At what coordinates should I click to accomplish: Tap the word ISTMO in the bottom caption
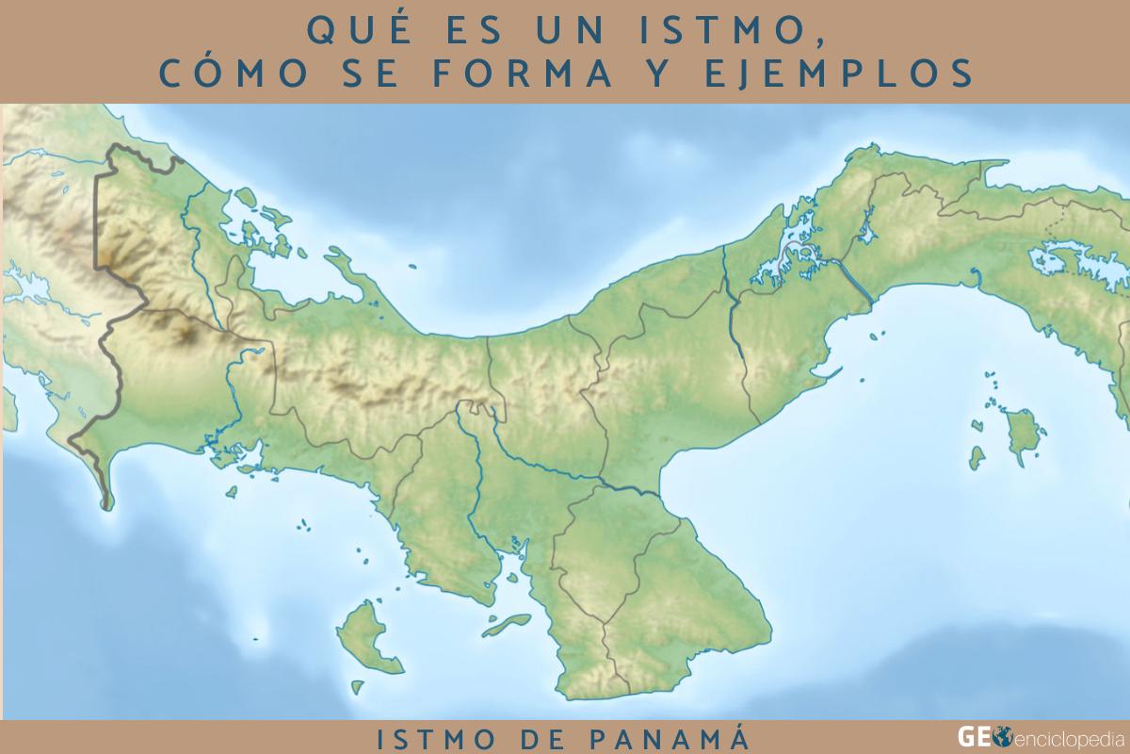point(428,738)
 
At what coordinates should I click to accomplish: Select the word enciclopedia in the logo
point(1063,737)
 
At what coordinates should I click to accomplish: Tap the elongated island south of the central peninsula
point(509,621)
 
